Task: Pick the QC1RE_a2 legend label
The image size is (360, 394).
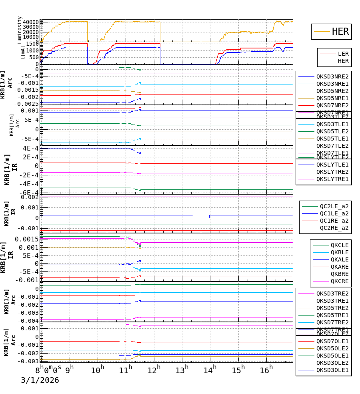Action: point(334,221)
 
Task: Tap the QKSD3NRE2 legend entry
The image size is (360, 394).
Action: point(332,76)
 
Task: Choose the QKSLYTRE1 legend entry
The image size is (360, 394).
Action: point(332,179)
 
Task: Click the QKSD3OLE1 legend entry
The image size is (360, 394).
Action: point(332,370)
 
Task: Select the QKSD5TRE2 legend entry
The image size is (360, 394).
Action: point(332,308)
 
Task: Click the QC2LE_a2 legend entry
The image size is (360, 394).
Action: point(334,206)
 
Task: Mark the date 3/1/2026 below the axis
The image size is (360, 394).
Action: point(40,380)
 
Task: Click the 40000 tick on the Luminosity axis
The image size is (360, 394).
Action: point(31,22)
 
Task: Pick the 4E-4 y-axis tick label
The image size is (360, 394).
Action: point(30,148)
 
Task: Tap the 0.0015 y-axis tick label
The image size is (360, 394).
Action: point(27,239)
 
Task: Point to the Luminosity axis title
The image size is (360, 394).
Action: point(20,30)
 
